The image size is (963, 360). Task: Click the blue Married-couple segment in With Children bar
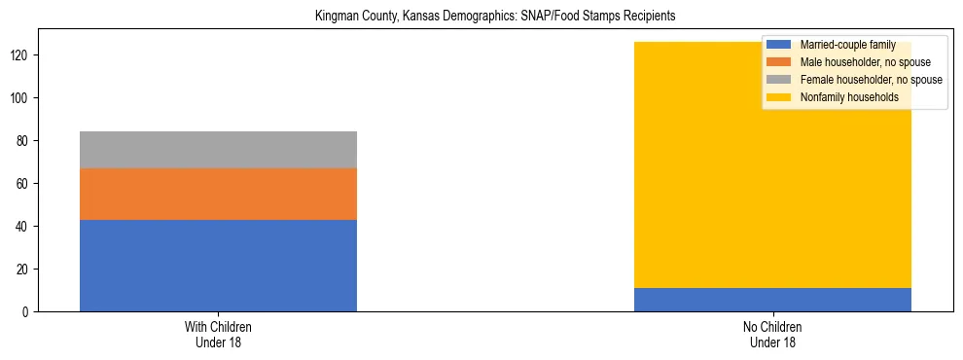[x=218, y=266]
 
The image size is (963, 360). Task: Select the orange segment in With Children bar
[x=218, y=194]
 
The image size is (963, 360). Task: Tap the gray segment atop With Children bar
[x=218, y=150]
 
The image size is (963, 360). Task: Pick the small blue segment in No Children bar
[x=772, y=300]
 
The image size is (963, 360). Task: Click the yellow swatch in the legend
[x=779, y=97]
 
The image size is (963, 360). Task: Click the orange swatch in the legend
[x=779, y=62]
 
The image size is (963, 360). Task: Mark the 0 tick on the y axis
[x=27, y=311]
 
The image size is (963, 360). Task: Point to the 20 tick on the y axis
[x=24, y=269]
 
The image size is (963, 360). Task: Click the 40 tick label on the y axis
[x=24, y=226]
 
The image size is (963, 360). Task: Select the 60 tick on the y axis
[x=24, y=183]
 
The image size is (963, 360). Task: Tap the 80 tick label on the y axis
[x=24, y=141]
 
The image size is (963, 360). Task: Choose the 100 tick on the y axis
[x=21, y=98]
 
